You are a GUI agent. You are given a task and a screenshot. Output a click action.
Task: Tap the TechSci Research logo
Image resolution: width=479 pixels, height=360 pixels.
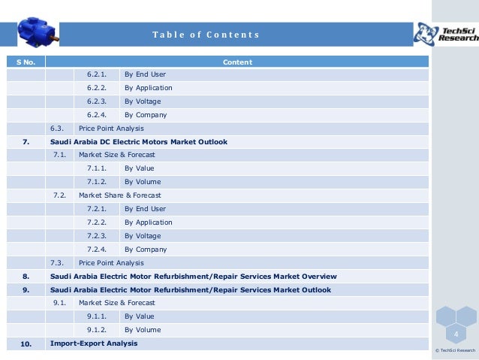[x=446, y=32]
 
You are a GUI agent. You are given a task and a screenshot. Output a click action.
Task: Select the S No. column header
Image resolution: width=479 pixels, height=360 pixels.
[x=26, y=62]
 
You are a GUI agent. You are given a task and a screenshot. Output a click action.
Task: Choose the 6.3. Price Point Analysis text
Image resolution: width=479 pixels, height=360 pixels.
[x=97, y=129]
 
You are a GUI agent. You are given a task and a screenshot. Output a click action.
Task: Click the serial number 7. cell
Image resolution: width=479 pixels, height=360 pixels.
[x=26, y=141]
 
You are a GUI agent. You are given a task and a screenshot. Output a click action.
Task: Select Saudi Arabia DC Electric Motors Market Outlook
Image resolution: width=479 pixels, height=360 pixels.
[x=138, y=141]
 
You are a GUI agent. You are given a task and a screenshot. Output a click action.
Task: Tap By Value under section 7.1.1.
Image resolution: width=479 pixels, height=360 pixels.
[x=139, y=168]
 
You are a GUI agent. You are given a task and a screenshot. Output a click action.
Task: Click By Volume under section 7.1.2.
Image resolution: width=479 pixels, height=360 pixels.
[x=143, y=182]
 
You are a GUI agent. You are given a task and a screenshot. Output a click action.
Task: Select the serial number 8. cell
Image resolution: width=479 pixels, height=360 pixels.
[x=26, y=276]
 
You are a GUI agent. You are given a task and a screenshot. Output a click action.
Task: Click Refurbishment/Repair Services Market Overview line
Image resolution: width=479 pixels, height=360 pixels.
[x=193, y=276]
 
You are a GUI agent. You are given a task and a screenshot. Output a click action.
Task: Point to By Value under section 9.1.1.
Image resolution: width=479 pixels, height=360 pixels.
[x=139, y=316]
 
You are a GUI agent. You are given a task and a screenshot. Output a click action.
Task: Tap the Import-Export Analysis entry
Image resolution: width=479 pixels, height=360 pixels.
[x=94, y=343]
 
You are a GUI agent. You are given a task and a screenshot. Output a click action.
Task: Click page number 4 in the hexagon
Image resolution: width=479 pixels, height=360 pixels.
[x=455, y=333]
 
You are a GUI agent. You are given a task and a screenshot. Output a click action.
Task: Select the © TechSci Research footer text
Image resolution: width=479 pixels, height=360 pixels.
[x=455, y=351]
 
